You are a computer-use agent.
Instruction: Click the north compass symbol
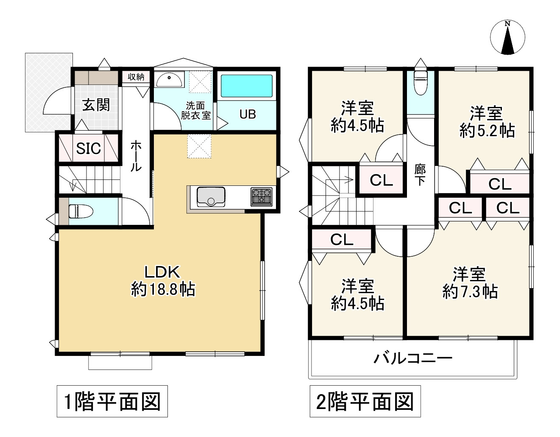tap(507, 37)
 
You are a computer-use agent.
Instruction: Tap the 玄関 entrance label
tap(96, 105)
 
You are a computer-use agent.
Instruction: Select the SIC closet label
tap(88, 148)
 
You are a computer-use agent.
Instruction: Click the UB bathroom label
tap(248, 114)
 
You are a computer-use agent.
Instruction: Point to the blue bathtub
tap(247, 86)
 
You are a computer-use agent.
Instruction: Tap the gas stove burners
tap(262, 197)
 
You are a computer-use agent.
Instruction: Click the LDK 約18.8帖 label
tap(163, 281)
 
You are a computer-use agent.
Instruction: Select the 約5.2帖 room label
tap(487, 122)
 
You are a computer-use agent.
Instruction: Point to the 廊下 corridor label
tap(420, 175)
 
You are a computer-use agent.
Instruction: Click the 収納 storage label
tap(136, 77)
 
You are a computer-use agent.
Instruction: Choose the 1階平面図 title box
tap(112, 401)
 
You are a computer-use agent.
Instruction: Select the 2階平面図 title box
tap(365, 401)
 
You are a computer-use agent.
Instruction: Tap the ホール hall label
tap(136, 156)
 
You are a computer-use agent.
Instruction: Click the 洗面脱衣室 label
tap(195, 110)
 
